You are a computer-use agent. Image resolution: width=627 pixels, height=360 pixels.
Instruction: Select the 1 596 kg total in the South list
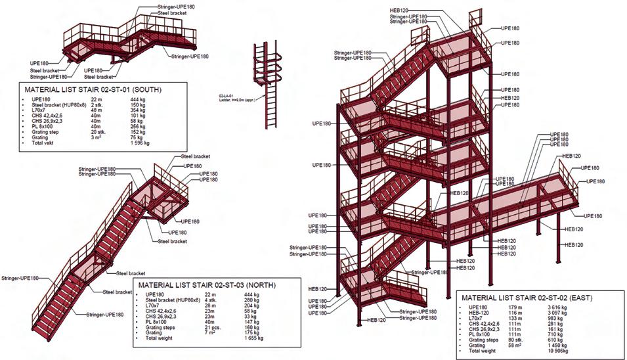tap(141, 143)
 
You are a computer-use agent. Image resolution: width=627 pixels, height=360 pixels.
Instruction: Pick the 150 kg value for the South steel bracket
tap(138, 104)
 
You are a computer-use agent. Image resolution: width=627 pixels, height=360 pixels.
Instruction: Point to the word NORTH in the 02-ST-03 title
tap(256, 285)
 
